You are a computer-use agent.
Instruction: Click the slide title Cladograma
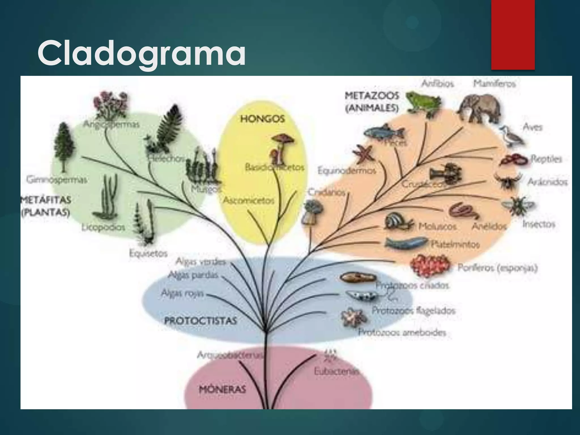(x=142, y=53)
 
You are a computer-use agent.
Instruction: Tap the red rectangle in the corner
(x=513, y=34)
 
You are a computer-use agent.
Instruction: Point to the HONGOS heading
(x=262, y=119)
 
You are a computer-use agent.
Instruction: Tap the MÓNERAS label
(x=223, y=389)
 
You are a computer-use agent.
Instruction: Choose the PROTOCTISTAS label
(x=200, y=321)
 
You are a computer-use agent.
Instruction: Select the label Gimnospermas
(x=57, y=180)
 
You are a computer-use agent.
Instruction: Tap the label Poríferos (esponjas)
(x=497, y=268)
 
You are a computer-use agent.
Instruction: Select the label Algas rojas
(x=182, y=293)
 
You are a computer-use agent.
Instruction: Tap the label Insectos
(x=538, y=224)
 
